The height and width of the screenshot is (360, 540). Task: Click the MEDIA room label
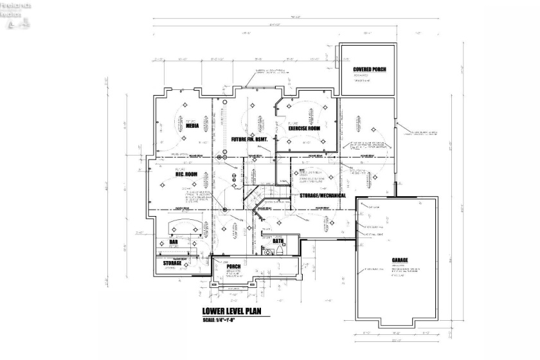(x=192, y=126)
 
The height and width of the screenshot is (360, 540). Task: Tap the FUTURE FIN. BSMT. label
(x=253, y=139)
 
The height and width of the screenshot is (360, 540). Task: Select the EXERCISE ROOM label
(x=304, y=128)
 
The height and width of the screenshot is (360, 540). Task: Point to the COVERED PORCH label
(x=369, y=69)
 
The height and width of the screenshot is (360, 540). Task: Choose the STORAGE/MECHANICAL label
(x=323, y=195)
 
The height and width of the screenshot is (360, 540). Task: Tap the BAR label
(x=173, y=242)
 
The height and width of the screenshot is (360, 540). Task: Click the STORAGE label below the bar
(x=172, y=263)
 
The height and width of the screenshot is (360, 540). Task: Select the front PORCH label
(x=233, y=266)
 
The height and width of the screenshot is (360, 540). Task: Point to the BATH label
(x=278, y=241)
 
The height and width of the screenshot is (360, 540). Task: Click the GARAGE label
(x=400, y=260)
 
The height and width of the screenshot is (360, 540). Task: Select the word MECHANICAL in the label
(x=332, y=195)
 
